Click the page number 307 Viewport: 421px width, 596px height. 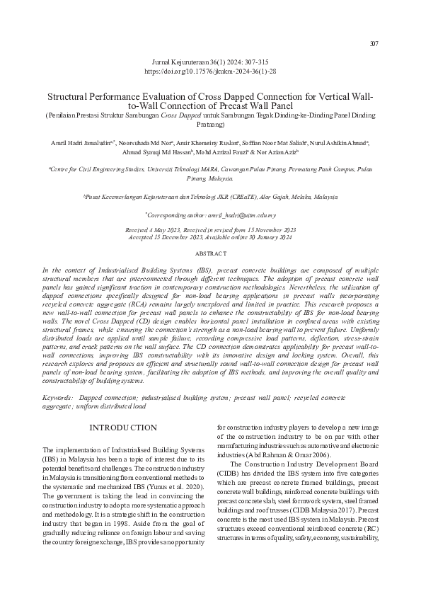point(374,44)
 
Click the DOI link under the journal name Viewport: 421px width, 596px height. point(210,72)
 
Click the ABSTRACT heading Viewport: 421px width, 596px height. point(210,253)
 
